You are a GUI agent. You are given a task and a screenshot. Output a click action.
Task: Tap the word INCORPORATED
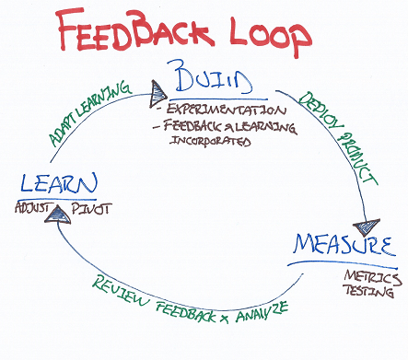[206, 143]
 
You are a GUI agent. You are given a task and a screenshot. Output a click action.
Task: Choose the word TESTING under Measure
[371, 293]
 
